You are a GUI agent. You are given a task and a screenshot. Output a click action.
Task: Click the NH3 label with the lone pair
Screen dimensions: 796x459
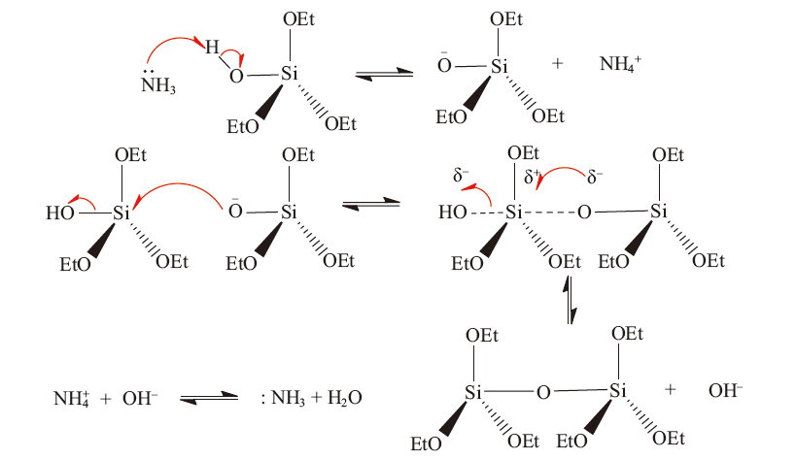coord(158,83)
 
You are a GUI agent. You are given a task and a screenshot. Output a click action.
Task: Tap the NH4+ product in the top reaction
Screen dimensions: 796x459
coord(620,64)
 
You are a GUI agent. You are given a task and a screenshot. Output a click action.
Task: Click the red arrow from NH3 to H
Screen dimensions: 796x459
coord(173,43)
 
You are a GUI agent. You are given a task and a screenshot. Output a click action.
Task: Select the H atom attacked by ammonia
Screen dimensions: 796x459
coord(212,48)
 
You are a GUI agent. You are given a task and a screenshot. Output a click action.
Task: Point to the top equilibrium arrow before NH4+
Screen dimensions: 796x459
coord(384,74)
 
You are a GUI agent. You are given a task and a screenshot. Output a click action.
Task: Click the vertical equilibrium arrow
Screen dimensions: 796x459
coord(571,300)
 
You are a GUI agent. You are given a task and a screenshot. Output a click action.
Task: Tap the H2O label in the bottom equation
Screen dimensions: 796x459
coord(344,398)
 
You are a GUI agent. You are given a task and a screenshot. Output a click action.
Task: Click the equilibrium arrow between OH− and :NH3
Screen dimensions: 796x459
coord(209,398)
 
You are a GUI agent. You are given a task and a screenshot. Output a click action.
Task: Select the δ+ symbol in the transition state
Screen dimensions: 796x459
coord(532,177)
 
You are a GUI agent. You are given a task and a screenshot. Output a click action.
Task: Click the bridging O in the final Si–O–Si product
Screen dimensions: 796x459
coord(543,393)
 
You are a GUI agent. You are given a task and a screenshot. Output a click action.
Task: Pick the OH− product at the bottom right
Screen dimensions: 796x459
coord(725,391)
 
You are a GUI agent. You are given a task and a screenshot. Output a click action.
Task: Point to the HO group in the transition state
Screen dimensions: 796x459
coord(453,212)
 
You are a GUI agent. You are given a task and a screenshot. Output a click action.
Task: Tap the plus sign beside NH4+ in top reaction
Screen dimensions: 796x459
coord(558,63)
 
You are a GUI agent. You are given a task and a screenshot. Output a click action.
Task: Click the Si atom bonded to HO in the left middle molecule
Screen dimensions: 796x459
coord(121,213)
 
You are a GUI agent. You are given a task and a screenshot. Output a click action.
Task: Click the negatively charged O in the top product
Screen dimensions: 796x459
coord(444,64)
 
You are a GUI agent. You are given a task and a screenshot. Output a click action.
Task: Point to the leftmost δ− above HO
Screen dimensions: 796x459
coord(461,176)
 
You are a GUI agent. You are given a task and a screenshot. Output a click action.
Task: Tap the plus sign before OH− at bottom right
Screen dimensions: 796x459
coord(670,389)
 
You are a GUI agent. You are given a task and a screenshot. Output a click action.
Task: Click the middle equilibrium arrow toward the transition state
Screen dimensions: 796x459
coord(371,204)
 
